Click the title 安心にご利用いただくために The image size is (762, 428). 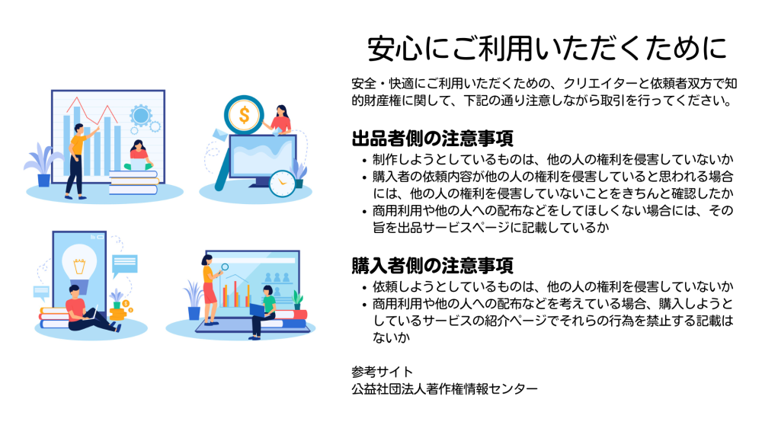546,49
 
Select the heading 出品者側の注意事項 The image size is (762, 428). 433,139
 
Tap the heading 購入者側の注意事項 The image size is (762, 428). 433,266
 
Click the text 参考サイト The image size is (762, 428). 382,372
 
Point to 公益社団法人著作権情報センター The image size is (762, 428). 445,388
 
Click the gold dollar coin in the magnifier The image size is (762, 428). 244,115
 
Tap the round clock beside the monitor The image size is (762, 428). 283,184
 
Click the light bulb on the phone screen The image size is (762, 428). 79,265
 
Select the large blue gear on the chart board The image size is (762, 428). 141,116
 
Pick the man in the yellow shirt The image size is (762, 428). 78,161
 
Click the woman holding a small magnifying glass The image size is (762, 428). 210,290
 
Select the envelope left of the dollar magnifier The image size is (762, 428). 220,134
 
